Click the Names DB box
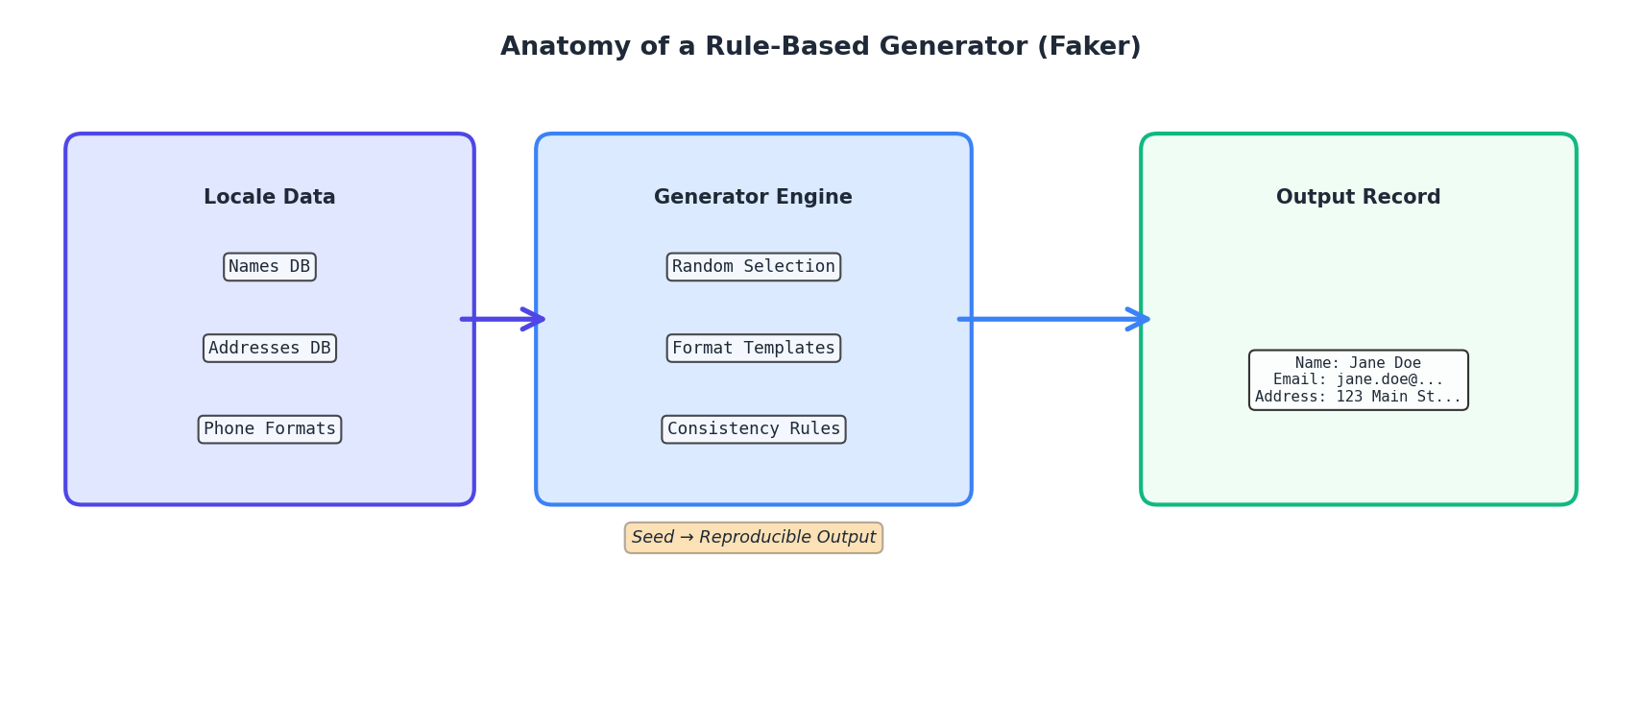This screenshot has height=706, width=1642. point(270,267)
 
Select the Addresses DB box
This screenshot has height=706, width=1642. point(270,348)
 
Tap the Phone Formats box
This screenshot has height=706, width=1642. point(270,429)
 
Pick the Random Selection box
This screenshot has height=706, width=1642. point(754,267)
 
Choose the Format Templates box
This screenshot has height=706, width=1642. point(754,348)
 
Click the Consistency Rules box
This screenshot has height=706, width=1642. point(754,429)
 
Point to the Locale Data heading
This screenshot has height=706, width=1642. point(270,197)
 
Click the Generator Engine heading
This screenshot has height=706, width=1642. point(754,197)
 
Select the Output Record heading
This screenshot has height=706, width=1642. point(1358,197)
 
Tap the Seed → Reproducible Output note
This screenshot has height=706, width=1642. point(754,538)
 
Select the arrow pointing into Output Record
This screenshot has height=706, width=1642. point(1053,319)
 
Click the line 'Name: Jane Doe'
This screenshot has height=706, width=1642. point(1358,363)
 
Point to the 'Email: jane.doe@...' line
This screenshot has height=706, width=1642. point(1358,379)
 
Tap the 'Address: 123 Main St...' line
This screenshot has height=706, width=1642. point(1358,397)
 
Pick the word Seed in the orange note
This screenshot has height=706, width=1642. point(652,538)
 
